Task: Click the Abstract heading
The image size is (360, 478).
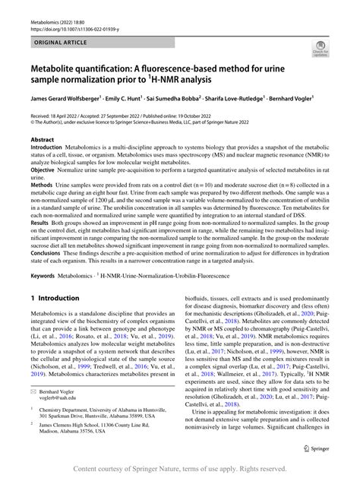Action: [43, 141]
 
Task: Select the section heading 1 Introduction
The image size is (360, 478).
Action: [55, 299]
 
